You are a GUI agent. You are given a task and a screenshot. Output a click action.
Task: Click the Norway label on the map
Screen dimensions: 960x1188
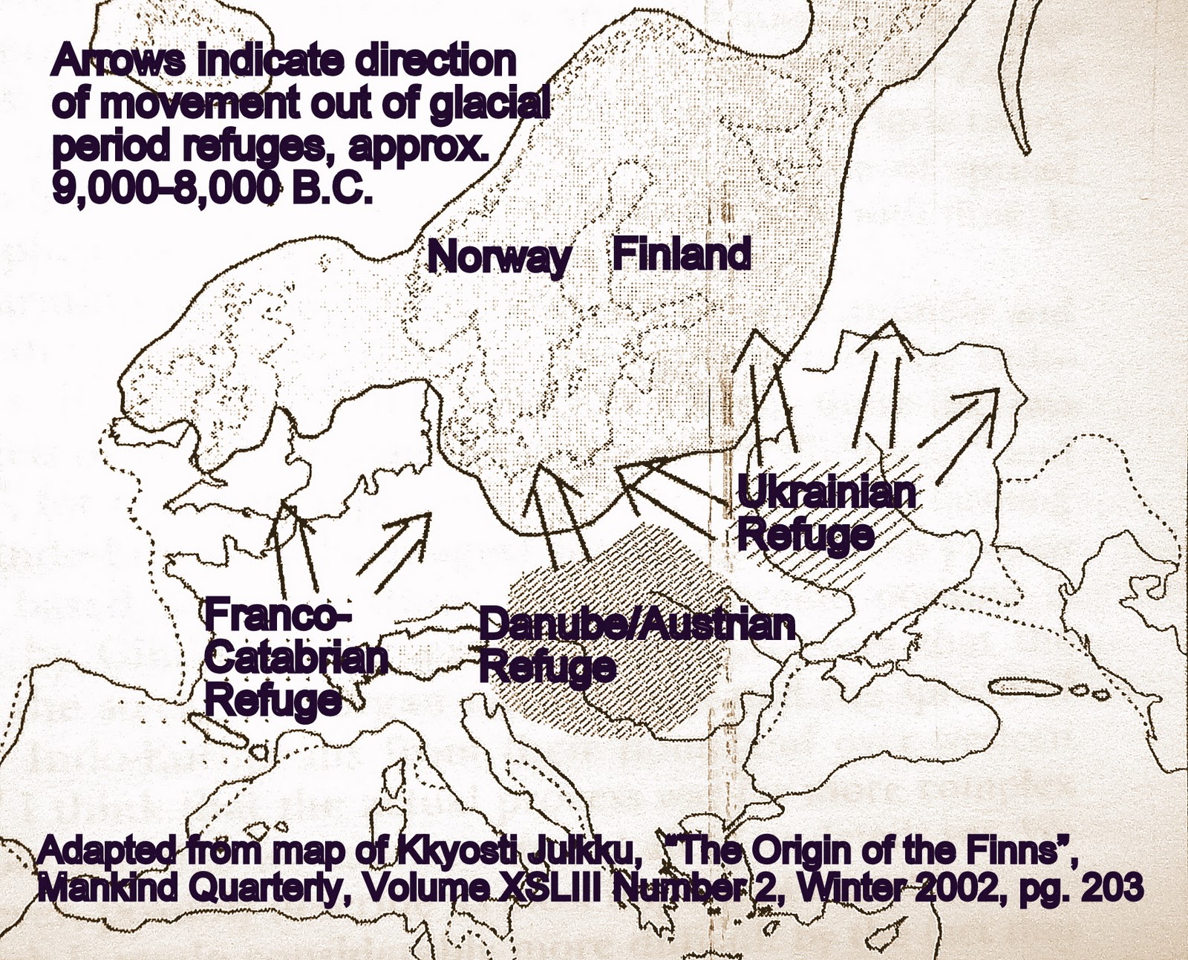pyautogui.click(x=499, y=258)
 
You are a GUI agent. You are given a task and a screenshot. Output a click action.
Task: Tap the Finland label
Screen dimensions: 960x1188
pyautogui.click(x=681, y=255)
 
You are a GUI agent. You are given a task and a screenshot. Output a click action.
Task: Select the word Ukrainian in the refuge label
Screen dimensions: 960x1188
pyautogui.click(x=826, y=494)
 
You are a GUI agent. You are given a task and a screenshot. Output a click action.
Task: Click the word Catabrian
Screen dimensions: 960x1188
pyautogui.click(x=296, y=659)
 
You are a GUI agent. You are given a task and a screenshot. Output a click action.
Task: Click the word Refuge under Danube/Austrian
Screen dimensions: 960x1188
pyautogui.click(x=547, y=667)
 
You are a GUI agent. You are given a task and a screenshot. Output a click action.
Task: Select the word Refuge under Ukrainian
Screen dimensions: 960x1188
pyautogui.click(x=806, y=535)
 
